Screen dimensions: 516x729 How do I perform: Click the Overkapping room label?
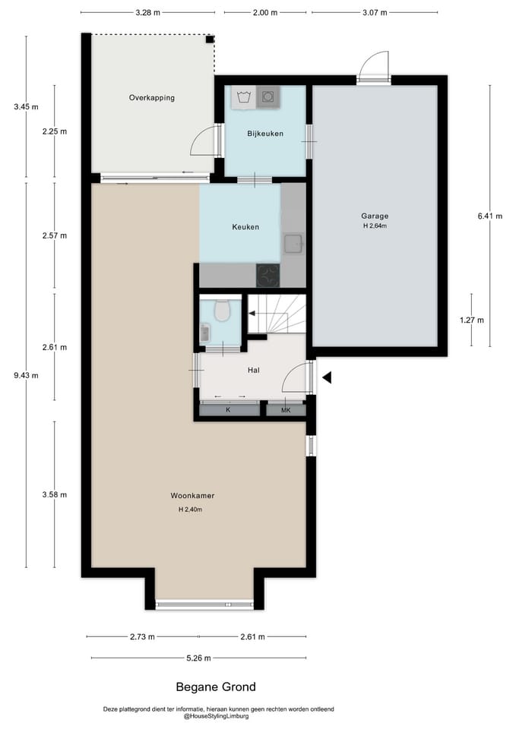coord(152,98)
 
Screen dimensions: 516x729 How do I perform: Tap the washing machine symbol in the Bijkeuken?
coord(244,97)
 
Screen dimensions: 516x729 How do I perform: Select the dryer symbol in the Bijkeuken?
coord(268,97)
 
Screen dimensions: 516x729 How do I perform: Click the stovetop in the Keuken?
coord(268,275)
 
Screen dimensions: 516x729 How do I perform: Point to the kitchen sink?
coord(293,243)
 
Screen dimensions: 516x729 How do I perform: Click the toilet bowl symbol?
coord(223,311)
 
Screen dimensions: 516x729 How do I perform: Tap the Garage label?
coord(375,216)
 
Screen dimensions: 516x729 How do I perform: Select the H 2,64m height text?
coord(375,226)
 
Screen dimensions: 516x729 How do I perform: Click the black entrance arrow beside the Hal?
coord(327,377)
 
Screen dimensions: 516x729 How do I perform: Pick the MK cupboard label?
coord(286,410)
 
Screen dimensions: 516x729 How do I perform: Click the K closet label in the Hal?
coord(228,410)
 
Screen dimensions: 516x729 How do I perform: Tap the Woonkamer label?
coord(192,496)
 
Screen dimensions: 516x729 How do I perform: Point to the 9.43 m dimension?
coord(26,375)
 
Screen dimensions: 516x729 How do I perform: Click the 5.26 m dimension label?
coord(198,658)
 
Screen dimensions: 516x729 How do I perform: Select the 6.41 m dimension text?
coord(490,216)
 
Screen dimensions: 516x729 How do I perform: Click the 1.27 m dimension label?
coord(471,320)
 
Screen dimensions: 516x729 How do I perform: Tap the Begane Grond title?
coord(216,686)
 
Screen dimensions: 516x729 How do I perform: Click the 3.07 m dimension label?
coord(375,13)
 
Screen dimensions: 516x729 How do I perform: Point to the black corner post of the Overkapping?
coord(211,39)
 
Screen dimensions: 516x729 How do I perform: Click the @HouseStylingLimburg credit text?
coord(217,716)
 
